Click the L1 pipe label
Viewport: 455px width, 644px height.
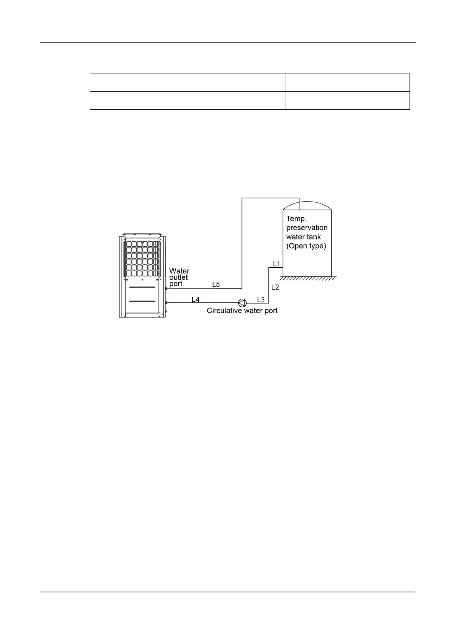(277, 264)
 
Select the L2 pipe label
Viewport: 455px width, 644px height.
(275, 287)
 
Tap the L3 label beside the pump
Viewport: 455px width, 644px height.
(261, 300)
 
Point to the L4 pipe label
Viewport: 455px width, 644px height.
(195, 299)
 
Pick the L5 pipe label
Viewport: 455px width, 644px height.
(216, 285)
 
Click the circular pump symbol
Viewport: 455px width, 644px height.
(242, 302)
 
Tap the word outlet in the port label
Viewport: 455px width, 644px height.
(178, 277)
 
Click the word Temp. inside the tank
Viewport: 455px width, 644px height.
(296, 219)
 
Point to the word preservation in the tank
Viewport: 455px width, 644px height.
(307, 228)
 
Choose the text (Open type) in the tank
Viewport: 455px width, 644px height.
(306, 246)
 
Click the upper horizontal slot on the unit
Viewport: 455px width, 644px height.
(142, 287)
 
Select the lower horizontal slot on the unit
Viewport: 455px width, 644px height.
(142, 301)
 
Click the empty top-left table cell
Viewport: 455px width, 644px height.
(187, 82)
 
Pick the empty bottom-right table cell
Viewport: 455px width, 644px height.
(347, 101)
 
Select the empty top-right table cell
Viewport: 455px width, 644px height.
(347, 82)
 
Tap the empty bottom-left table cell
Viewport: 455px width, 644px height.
(187, 101)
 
